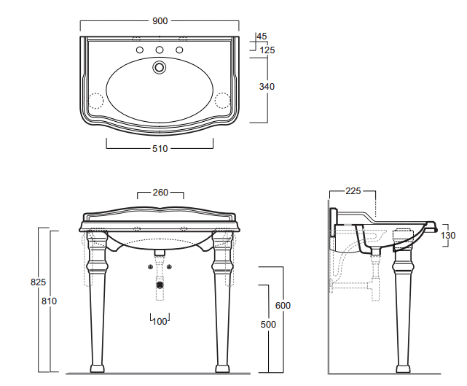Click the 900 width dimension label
click(x=160, y=20)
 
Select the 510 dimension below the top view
click(x=160, y=149)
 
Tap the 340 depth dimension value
click(x=267, y=86)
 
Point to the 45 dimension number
click(x=262, y=36)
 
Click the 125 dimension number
click(x=267, y=50)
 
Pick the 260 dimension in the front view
click(x=160, y=193)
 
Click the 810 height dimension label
click(x=49, y=301)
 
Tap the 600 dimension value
click(x=282, y=305)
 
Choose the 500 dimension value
click(x=269, y=324)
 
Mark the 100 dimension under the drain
click(x=160, y=321)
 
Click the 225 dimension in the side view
click(x=353, y=192)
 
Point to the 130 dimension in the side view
click(x=449, y=235)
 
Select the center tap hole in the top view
click(x=160, y=50)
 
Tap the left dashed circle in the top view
click(x=95, y=99)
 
